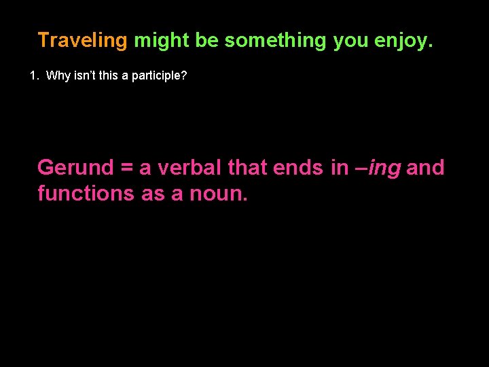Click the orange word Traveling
tap(82, 41)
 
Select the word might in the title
tap(162, 41)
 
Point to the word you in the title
tap(349, 41)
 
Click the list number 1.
tap(34, 75)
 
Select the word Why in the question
tap(58, 75)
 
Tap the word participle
tap(160, 75)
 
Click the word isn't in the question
tap(88, 75)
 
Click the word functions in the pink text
tap(86, 194)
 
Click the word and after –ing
tap(426, 167)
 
